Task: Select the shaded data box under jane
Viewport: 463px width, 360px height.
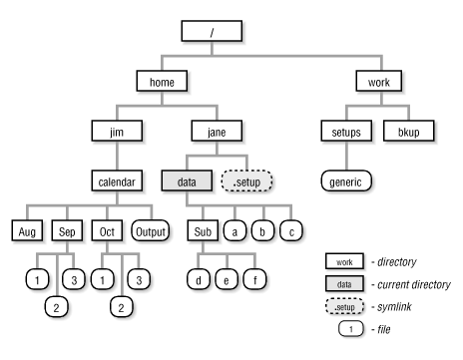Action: coord(186,181)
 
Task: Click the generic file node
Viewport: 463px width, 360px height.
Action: coord(345,181)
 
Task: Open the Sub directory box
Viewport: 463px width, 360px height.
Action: coord(200,231)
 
